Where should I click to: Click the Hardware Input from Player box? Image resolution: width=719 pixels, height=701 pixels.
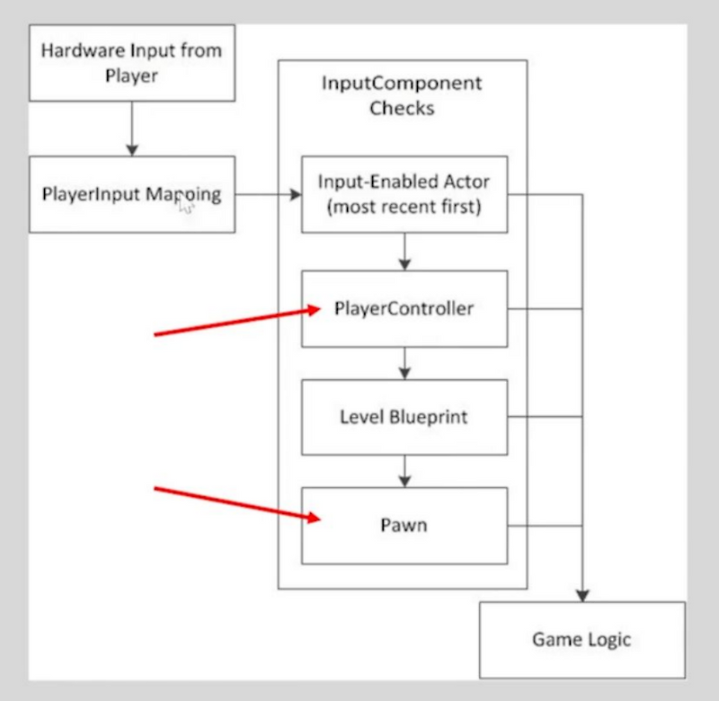tap(132, 62)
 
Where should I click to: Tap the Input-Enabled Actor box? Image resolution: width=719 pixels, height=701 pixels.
tap(404, 194)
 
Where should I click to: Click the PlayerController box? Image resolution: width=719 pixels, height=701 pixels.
tap(404, 308)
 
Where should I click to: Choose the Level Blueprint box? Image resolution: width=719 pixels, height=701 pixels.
tap(404, 417)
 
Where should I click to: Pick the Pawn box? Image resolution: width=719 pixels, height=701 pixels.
tap(404, 525)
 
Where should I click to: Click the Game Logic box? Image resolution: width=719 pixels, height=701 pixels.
tap(581, 640)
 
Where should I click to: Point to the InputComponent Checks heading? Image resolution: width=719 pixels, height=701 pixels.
tap(402, 95)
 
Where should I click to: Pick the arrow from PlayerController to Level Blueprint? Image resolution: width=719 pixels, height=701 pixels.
tap(404, 363)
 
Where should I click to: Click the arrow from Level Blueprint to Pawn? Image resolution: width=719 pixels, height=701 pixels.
tap(404, 470)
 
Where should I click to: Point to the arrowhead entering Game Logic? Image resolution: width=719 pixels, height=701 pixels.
tap(582, 593)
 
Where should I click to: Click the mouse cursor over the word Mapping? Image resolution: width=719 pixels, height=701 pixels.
tap(186, 206)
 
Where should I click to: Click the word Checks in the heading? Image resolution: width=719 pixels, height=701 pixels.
tap(402, 108)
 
